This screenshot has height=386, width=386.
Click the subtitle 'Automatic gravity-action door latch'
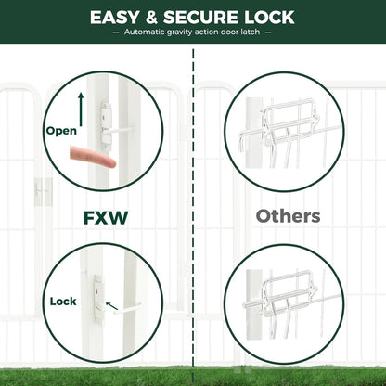coord(193,32)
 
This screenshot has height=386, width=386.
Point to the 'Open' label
coord(61,131)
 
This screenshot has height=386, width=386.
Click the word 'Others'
coord(288,217)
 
